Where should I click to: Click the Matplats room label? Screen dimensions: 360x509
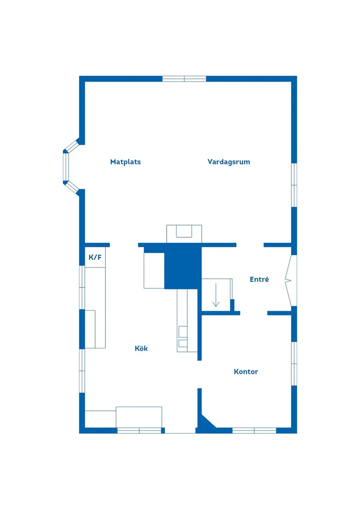coord(125,162)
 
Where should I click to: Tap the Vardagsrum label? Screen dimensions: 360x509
coord(229,162)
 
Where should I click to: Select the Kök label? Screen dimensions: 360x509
coord(141,348)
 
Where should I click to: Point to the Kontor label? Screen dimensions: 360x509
coord(246,372)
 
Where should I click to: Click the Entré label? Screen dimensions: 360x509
coord(259,279)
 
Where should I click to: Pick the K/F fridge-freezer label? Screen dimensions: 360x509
coord(95,257)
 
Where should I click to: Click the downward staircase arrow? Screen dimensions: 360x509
coord(216,295)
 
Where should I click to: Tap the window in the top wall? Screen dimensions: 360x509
coord(184,79)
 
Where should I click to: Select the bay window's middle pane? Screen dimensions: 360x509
coord(66,167)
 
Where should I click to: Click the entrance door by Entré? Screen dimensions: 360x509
coord(291,280)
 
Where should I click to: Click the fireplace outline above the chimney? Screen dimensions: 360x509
coord(184,234)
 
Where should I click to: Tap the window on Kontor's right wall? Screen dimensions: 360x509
coord(294,364)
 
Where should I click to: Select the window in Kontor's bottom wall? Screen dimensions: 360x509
coord(254,430)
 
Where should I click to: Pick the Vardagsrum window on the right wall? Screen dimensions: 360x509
coord(294,184)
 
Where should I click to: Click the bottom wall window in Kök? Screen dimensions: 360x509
coord(139,430)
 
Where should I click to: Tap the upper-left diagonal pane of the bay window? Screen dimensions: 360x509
coord(72,146)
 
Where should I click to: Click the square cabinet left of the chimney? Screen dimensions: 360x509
coord(154,271)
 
